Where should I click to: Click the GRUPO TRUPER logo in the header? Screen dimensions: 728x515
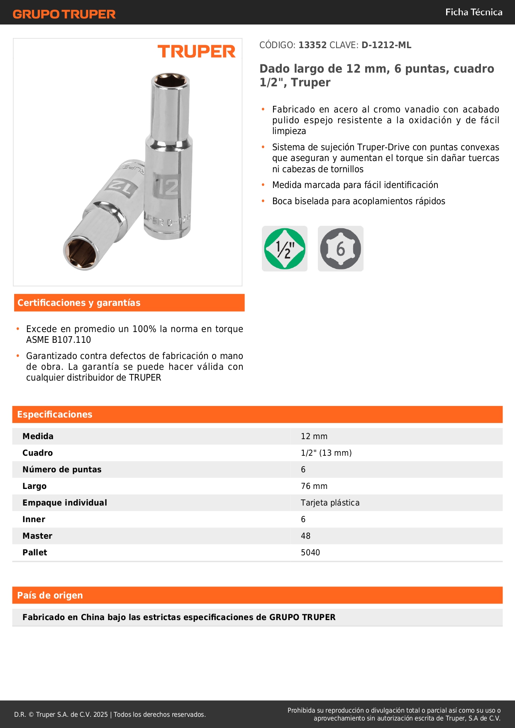[64, 14]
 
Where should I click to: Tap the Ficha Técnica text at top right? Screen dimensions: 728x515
[474, 12]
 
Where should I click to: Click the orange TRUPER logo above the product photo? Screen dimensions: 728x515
[196, 51]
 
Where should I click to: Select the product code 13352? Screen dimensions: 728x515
[312, 45]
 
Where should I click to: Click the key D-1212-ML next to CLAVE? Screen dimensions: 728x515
[386, 45]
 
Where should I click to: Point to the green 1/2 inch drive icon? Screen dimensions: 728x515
[285, 249]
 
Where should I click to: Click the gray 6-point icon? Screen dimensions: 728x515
[340, 249]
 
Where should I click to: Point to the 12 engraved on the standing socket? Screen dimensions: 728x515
[167, 187]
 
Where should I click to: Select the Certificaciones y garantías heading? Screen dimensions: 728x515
[79, 303]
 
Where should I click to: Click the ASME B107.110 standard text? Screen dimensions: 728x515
[59, 340]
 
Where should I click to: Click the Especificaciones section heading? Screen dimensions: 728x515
[55, 414]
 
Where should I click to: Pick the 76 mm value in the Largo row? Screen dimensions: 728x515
[314, 486]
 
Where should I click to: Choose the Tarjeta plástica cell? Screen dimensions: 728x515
[330, 503]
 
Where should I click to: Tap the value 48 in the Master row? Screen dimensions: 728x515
[305, 536]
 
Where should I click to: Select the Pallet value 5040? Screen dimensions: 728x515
[310, 552]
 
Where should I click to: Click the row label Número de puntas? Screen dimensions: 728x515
[62, 469]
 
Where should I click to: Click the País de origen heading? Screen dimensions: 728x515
[50, 595]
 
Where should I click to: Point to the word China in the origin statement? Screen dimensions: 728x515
[93, 617]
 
